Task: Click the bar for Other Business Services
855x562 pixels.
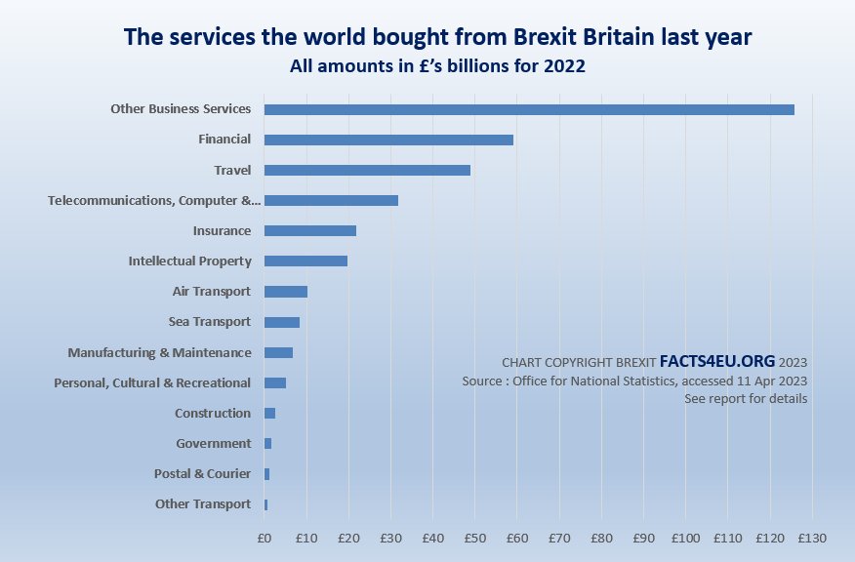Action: pyautogui.click(x=529, y=109)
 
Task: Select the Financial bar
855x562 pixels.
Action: pyautogui.click(x=388, y=140)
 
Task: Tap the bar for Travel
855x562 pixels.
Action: pyautogui.click(x=367, y=170)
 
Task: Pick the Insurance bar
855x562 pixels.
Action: pyautogui.click(x=310, y=230)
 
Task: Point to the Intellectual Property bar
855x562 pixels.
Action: pyautogui.click(x=305, y=261)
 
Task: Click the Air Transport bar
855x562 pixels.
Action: pyautogui.click(x=286, y=291)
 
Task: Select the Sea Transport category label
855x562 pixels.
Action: pyautogui.click(x=210, y=322)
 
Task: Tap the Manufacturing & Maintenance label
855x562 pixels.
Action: pyautogui.click(x=159, y=352)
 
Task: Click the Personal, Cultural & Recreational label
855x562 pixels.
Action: pyautogui.click(x=152, y=382)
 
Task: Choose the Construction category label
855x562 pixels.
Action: pyautogui.click(x=213, y=414)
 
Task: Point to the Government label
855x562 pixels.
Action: pyautogui.click(x=214, y=444)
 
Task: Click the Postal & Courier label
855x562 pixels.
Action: pyautogui.click(x=203, y=474)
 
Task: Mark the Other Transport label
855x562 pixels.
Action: pyautogui.click(x=203, y=504)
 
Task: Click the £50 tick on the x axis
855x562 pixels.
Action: pyautogui.click(x=474, y=538)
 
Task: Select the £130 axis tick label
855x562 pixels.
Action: pyautogui.click(x=812, y=538)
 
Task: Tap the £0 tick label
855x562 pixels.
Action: pyautogui.click(x=265, y=538)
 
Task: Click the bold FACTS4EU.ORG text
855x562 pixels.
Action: pyautogui.click(x=717, y=359)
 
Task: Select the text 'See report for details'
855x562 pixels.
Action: pyautogui.click(x=746, y=399)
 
